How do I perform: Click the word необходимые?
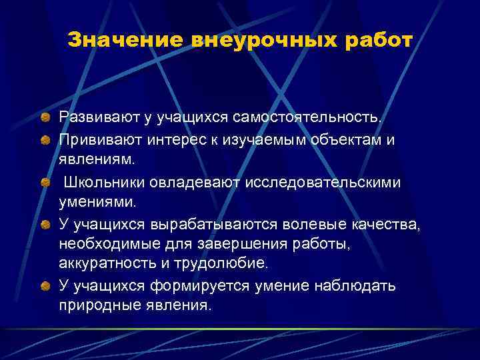pyautogui.click(x=104, y=245)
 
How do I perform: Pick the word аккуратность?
pyautogui.click(x=106, y=265)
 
